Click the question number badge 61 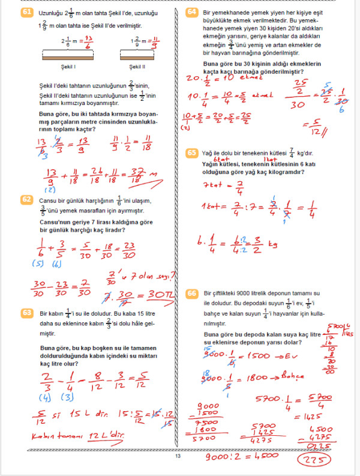26,12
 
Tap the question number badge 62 26,199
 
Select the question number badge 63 26,313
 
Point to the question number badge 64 193,12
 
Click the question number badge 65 193,153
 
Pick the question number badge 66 193,293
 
